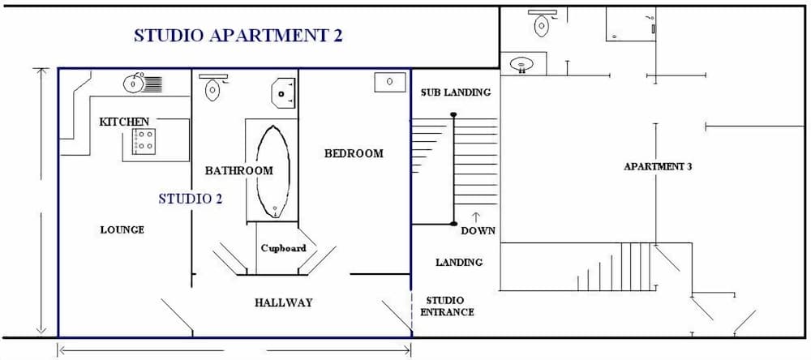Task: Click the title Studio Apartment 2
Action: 238,36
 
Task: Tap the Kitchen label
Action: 124,122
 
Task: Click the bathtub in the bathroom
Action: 272,170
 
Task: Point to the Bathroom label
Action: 238,171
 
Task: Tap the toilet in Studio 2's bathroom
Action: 212,88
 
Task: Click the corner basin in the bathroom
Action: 283,92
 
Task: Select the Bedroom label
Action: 354,153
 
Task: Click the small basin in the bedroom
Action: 390,81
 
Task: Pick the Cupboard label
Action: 283,248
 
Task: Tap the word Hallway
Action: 283,302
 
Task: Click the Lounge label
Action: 122,229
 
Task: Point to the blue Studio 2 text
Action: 190,198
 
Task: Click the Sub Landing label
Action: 455,92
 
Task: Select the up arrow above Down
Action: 476,216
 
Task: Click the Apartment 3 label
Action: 658,167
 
